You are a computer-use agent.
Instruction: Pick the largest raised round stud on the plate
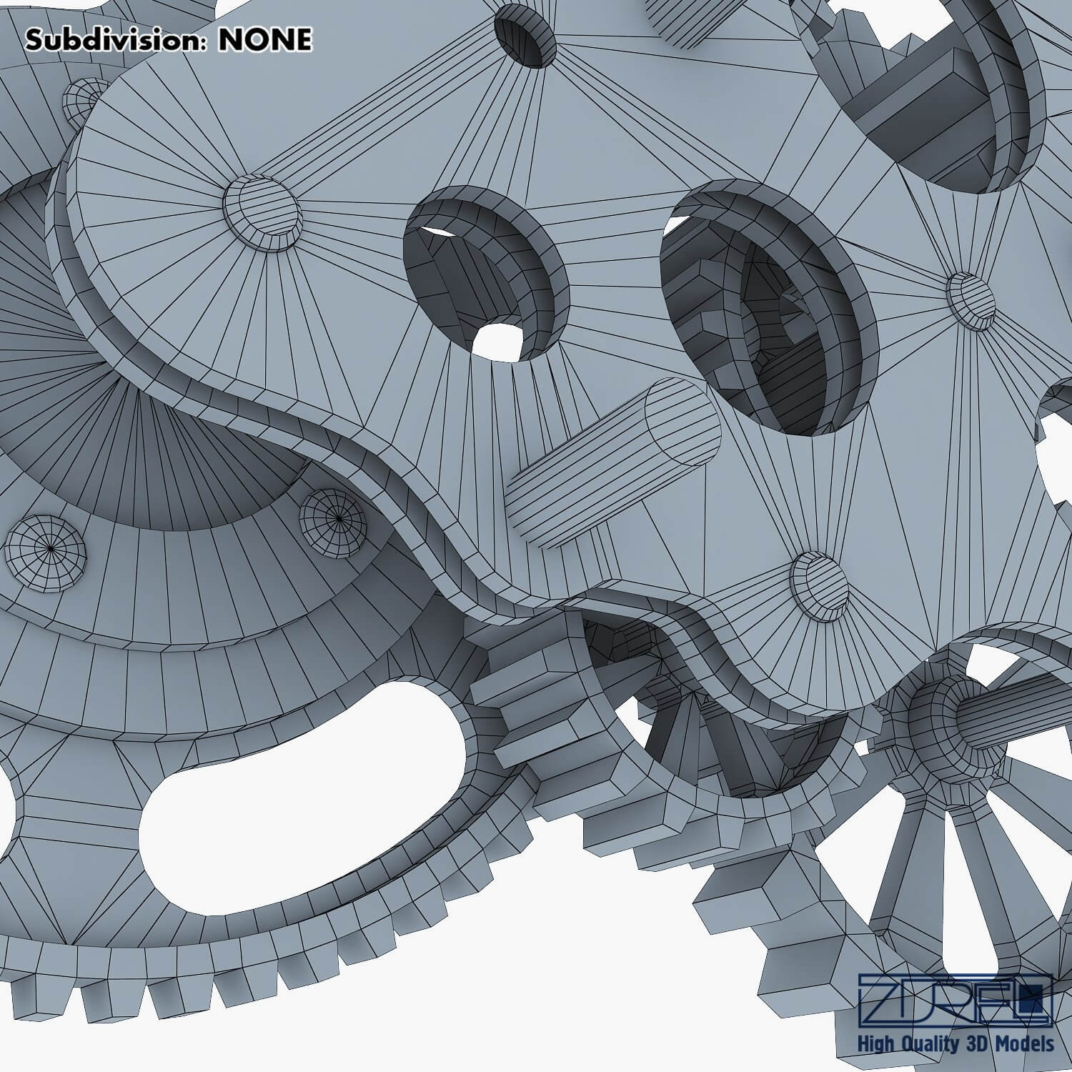pos(262,212)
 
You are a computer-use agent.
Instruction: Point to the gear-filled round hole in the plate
pos(768,307)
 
